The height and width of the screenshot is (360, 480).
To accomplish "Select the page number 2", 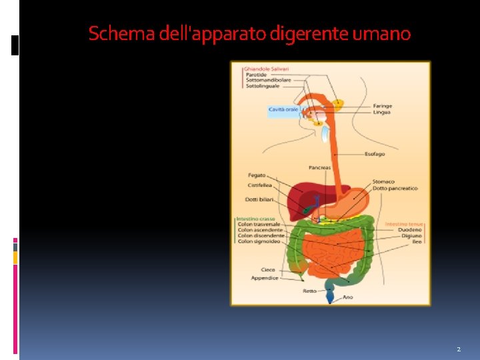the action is pos(459,349).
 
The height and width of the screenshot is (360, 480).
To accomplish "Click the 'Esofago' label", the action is pos(374,155).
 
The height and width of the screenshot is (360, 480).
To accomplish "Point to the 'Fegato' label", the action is pos(257,175).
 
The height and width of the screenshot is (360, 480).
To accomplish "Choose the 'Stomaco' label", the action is pos(383,181).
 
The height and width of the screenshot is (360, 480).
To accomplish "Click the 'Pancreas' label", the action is pos(319,167).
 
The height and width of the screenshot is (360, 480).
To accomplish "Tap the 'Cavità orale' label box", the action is pos(283,109).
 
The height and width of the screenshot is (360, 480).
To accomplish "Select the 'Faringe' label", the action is pos(382,106).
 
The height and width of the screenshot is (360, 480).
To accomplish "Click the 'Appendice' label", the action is pos(265,278).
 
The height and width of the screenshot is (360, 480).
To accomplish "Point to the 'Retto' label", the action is pos(309,291).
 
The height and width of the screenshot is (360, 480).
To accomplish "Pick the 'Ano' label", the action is pos(347,297).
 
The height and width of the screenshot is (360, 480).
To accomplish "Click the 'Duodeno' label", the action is pos(411,230).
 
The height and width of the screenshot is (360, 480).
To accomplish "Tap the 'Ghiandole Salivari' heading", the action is pos(267,69).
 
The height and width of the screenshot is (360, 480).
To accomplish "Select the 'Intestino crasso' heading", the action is pos(255,219).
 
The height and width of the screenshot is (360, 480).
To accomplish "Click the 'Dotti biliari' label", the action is pos(259,199).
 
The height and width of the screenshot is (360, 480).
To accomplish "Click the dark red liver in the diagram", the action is pos(303,195).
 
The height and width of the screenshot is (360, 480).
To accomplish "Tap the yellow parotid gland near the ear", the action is pos(339,103).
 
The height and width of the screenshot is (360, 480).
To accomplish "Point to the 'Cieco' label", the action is pos(267,270).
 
